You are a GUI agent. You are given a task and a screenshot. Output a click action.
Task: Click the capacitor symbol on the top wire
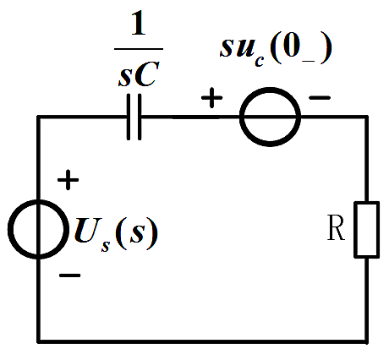click(x=134, y=117)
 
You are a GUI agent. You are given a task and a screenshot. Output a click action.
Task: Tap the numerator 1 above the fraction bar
click(x=139, y=23)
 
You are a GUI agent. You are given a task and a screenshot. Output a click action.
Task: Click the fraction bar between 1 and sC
click(x=139, y=49)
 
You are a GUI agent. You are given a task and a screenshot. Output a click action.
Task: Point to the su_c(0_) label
click(x=276, y=50)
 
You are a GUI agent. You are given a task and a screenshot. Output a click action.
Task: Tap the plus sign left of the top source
click(x=211, y=98)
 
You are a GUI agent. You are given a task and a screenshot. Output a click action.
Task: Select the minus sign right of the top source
click(x=320, y=98)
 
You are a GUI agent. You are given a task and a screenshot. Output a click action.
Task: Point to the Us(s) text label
click(x=116, y=233)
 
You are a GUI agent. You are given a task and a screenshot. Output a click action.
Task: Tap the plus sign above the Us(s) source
click(x=68, y=180)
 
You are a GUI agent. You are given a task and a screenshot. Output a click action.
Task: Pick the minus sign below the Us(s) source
click(x=70, y=275)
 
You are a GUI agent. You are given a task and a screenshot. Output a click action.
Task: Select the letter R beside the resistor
click(x=336, y=227)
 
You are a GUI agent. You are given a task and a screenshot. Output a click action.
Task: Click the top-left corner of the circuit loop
click(x=38, y=117)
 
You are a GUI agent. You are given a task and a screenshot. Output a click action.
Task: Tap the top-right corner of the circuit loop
click(x=367, y=117)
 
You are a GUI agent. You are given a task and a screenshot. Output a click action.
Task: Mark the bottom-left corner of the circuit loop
click(x=38, y=341)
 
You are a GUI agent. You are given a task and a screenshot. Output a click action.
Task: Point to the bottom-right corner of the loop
click(x=367, y=341)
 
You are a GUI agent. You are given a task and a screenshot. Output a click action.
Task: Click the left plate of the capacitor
click(x=129, y=117)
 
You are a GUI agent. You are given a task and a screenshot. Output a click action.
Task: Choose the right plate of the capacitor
click(x=140, y=117)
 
